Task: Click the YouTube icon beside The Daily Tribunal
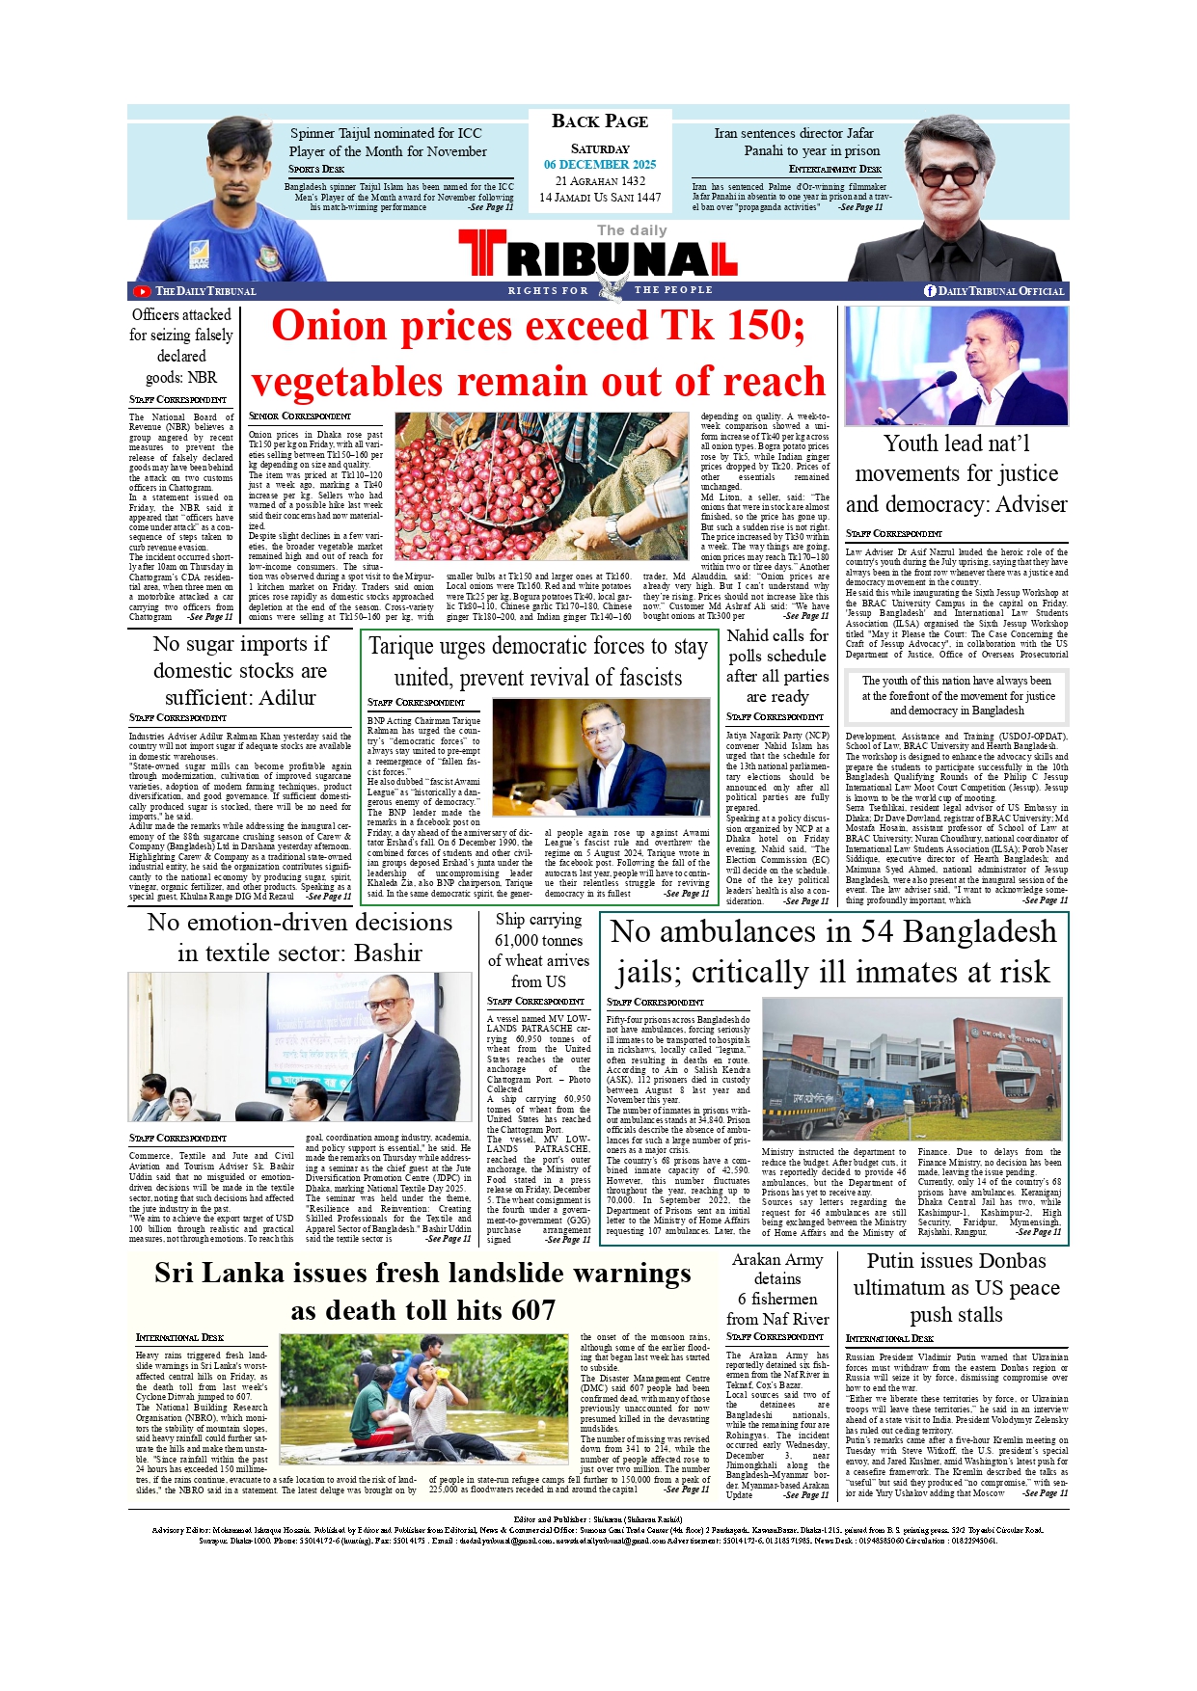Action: [x=142, y=291]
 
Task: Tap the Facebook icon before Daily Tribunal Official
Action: [x=930, y=291]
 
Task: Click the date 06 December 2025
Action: [x=600, y=165]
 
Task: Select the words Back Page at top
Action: [x=600, y=121]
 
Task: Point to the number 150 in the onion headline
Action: [x=760, y=326]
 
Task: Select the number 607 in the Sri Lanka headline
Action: [x=529, y=1311]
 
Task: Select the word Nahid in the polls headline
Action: [x=748, y=636]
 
